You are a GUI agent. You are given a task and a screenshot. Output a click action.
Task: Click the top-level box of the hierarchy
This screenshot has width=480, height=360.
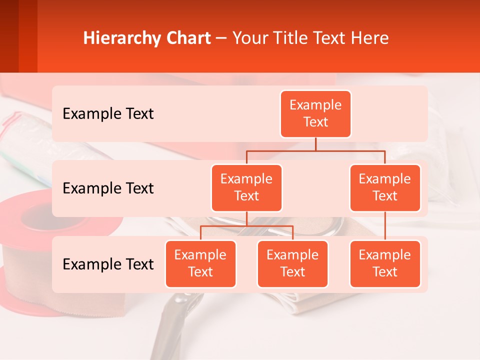pyautogui.click(x=315, y=114)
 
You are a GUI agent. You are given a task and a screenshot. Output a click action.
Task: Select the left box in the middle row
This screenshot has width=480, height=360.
pyautogui.click(x=246, y=187)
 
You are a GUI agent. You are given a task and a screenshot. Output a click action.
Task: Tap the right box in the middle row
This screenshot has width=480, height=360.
pyautogui.click(x=385, y=187)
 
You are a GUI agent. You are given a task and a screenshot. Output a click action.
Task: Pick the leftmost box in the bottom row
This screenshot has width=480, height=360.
pyautogui.click(x=200, y=263)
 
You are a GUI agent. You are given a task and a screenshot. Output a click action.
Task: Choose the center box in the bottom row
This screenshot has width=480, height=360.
pyautogui.click(x=292, y=263)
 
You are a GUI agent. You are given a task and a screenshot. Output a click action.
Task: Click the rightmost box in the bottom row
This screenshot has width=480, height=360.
pyautogui.click(x=385, y=263)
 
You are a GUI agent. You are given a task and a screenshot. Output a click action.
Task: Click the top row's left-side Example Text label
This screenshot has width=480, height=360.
pyautogui.click(x=108, y=113)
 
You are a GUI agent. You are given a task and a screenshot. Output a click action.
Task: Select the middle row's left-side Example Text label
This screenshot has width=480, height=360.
pyautogui.click(x=108, y=188)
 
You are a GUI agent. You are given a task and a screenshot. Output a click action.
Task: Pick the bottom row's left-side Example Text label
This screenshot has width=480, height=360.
pyautogui.click(x=108, y=264)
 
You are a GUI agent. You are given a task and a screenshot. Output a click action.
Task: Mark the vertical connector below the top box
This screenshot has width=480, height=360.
pyautogui.click(x=315, y=144)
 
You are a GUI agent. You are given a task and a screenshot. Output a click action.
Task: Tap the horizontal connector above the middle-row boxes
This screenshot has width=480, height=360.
pyautogui.click(x=315, y=150)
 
